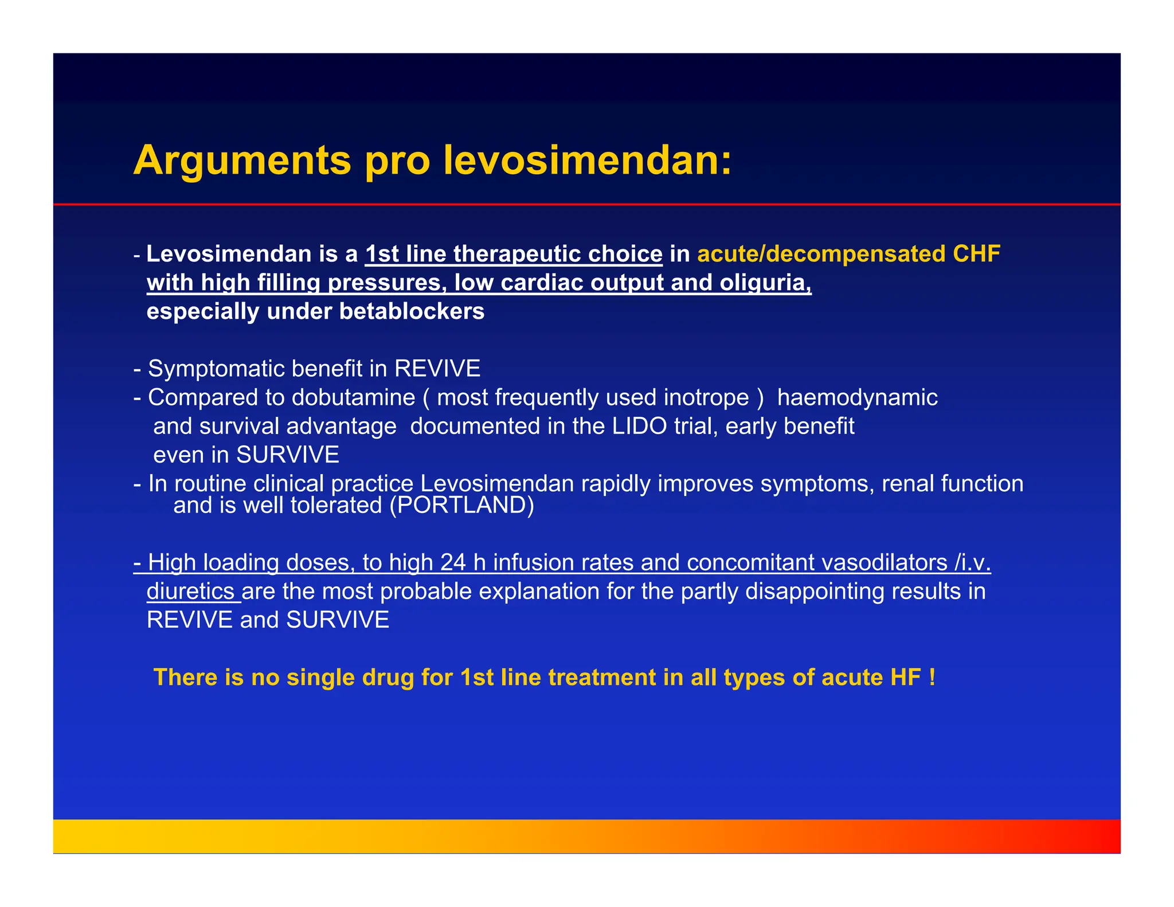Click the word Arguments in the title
click(x=242, y=161)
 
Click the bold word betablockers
click(x=412, y=311)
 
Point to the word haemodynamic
click(x=857, y=397)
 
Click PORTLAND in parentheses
click(x=461, y=505)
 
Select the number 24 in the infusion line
click(x=453, y=562)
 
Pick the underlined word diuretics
click(x=190, y=591)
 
